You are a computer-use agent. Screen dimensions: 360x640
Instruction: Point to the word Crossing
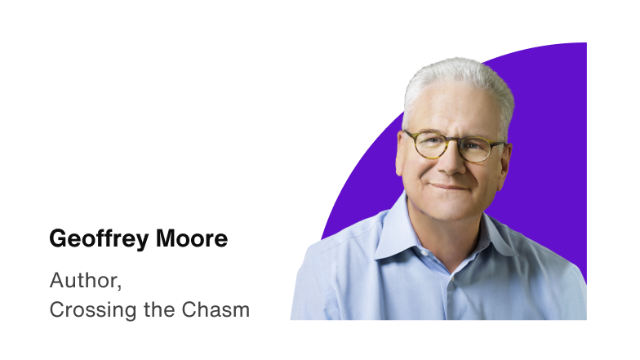(x=85, y=310)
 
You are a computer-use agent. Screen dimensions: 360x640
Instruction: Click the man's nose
(x=452, y=162)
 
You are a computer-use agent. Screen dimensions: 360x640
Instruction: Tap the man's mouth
(x=451, y=186)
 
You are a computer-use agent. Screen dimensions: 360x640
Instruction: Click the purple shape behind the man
(x=555, y=122)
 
